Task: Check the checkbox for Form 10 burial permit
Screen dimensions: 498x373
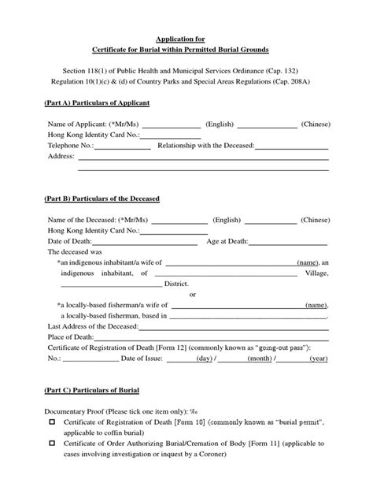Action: pos(53,423)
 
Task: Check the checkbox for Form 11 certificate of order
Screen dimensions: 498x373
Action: pos(53,444)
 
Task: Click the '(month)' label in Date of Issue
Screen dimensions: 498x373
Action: pos(259,359)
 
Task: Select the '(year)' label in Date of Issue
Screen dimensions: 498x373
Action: pos(318,359)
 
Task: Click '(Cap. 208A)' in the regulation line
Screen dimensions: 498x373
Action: pos(307,80)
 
